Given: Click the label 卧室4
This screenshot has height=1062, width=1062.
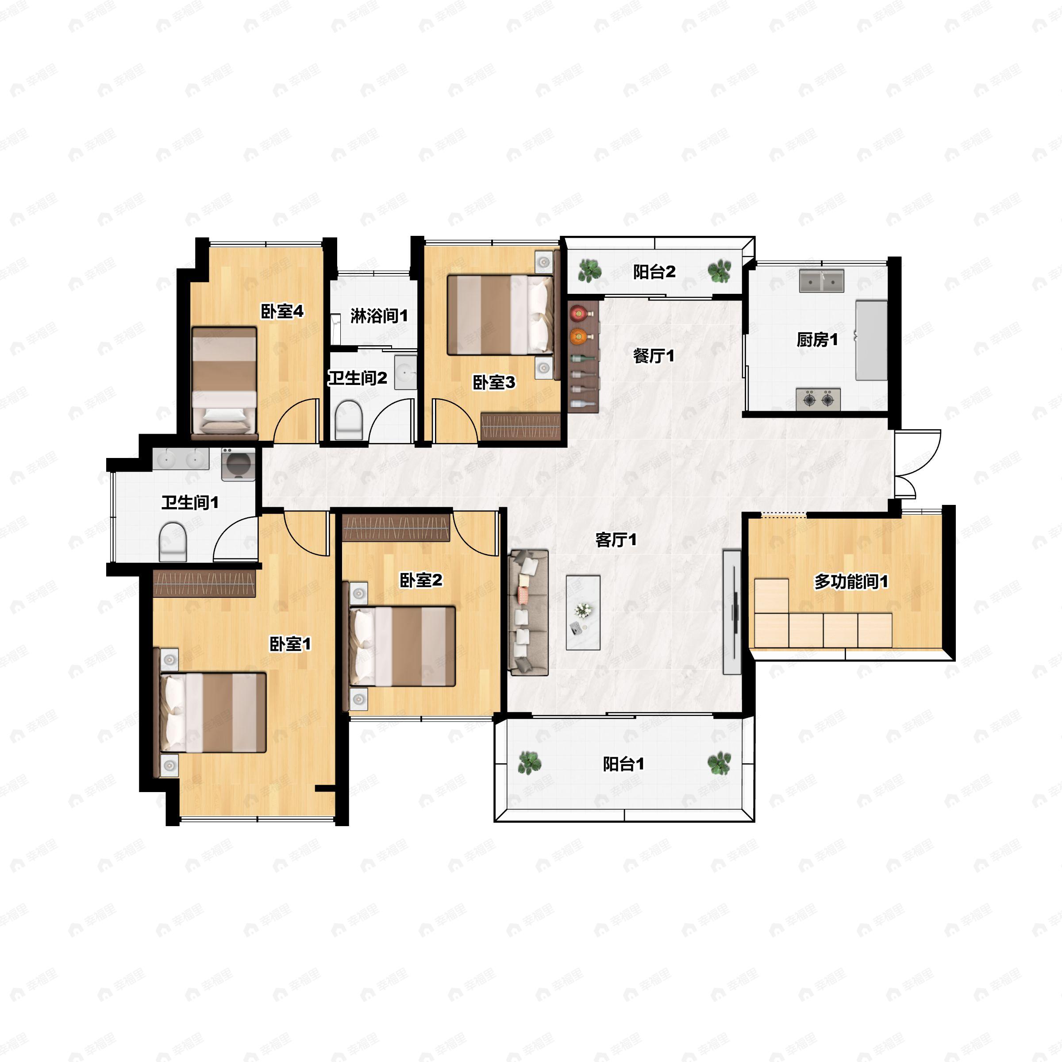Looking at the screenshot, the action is click(x=282, y=312).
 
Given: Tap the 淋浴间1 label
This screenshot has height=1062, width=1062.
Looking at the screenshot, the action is click(x=379, y=316).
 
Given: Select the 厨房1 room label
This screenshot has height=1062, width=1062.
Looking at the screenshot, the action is click(x=817, y=340).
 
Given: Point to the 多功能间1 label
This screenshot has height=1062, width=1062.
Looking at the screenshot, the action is click(x=851, y=581).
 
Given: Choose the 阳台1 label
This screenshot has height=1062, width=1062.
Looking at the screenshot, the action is click(x=623, y=763).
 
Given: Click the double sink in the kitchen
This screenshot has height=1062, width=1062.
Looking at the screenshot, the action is click(x=822, y=281).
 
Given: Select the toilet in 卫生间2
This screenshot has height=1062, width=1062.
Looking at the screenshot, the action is click(x=349, y=420).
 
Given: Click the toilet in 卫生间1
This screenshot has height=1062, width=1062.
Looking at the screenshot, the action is click(x=173, y=542).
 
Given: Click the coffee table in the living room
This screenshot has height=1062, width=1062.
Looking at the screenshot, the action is click(x=583, y=612).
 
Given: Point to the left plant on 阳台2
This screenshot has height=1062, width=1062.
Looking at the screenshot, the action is click(x=590, y=270).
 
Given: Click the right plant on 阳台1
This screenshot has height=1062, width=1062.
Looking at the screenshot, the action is click(x=719, y=763).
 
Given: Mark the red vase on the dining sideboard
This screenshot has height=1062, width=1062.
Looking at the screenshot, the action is click(x=578, y=314).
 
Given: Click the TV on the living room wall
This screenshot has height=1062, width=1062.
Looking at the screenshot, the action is click(x=731, y=612).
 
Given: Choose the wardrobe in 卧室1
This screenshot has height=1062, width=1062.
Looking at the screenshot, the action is click(x=204, y=583).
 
